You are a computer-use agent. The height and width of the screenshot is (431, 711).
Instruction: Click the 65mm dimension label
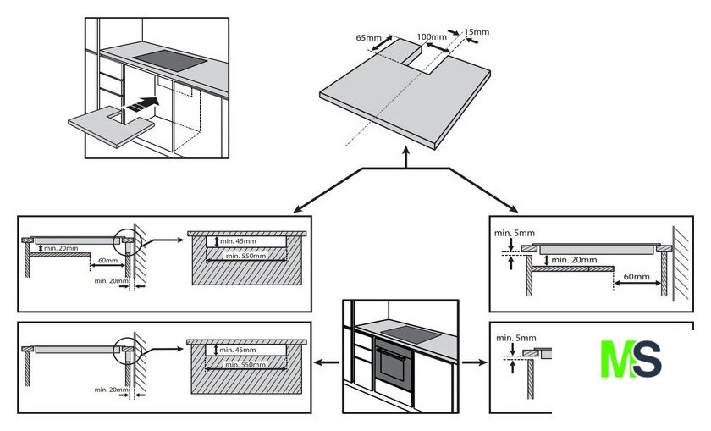(368, 38)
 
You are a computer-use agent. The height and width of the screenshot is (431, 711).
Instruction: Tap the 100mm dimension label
(432, 37)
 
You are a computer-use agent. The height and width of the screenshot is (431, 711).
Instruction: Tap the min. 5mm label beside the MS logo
(515, 339)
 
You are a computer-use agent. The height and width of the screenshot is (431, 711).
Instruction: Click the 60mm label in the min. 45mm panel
(107, 261)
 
